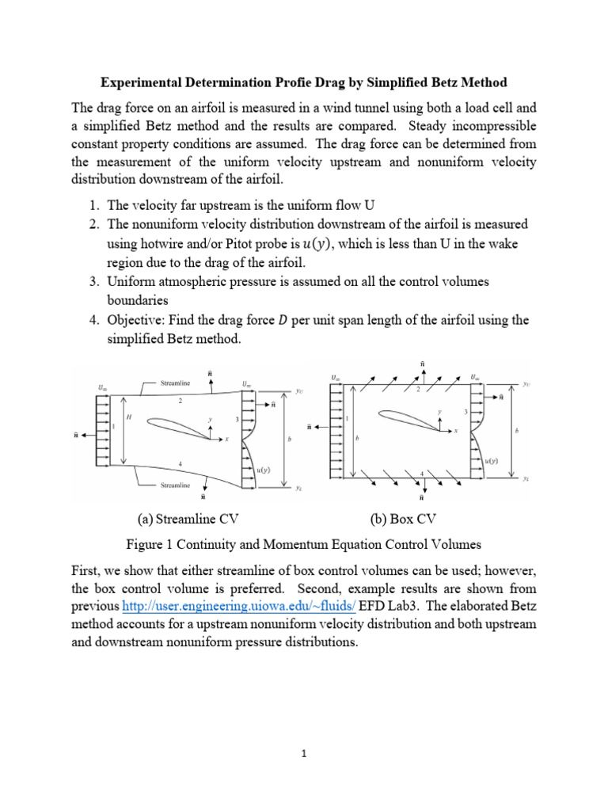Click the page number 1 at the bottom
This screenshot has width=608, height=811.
click(303, 755)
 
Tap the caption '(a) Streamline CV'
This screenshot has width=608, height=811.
click(188, 520)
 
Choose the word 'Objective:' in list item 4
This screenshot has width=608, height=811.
click(137, 320)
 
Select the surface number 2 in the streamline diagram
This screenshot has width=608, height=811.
click(180, 402)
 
